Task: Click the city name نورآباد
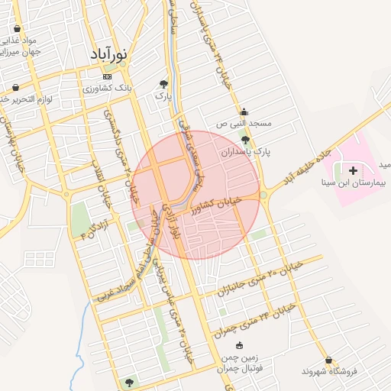tap(105, 55)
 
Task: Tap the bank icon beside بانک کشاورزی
tap(107, 77)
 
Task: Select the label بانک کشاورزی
tap(107, 89)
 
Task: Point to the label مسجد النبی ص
tap(244, 123)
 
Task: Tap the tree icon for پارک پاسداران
tap(244, 140)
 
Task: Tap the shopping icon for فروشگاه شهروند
tap(328, 360)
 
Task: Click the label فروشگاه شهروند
tap(329, 371)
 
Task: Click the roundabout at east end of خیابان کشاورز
tap(264, 195)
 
